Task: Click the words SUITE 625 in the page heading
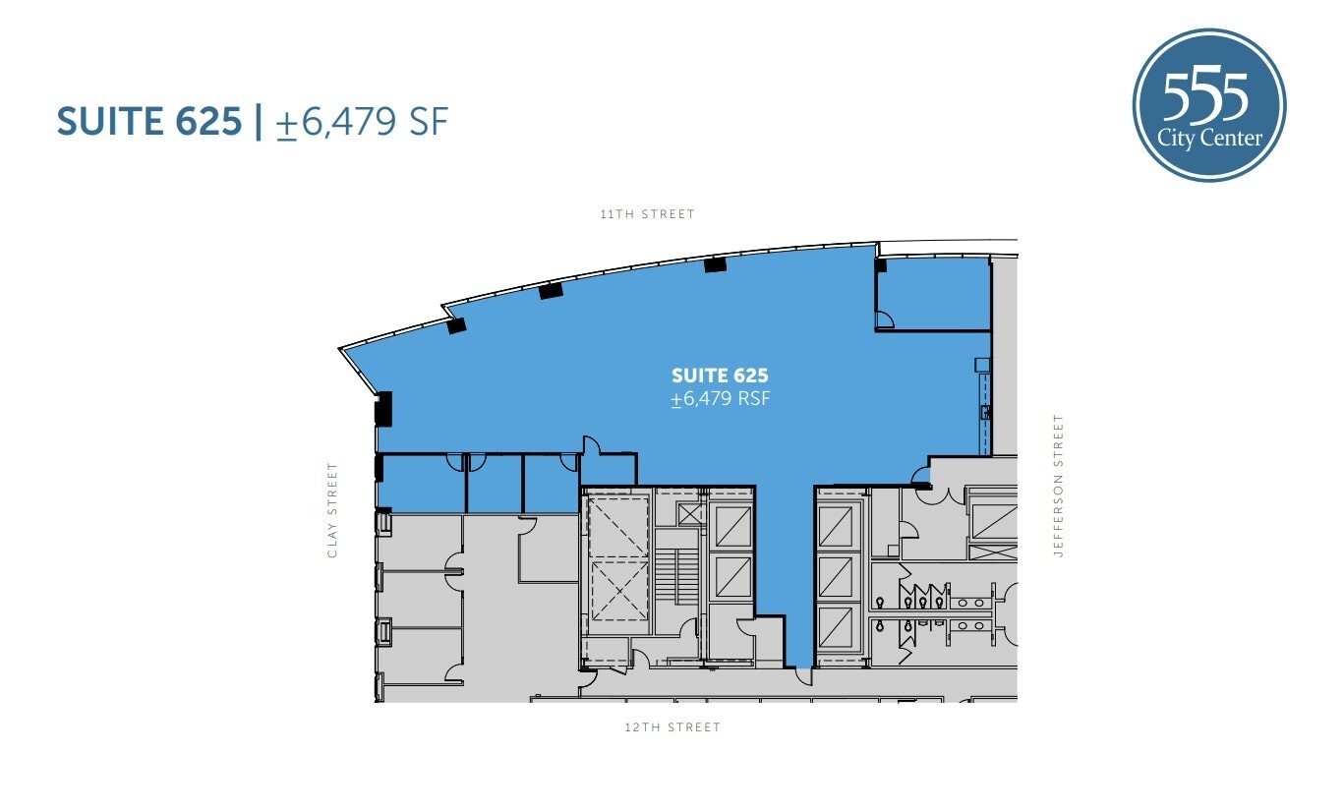pos(148,121)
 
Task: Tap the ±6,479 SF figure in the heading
pos(362,122)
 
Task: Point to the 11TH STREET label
pos(647,214)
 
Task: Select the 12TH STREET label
pos(673,727)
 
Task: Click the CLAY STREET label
pos(332,510)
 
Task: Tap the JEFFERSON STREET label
pos(1059,486)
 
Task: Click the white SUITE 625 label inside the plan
pos(720,376)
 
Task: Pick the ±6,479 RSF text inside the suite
pos(720,399)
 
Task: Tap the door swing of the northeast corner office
pos(884,319)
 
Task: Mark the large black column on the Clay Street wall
pos(383,408)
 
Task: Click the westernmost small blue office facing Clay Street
pos(421,485)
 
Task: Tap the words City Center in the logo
pos(1210,139)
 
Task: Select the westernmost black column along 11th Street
pos(456,325)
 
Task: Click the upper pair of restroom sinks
pos(972,602)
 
